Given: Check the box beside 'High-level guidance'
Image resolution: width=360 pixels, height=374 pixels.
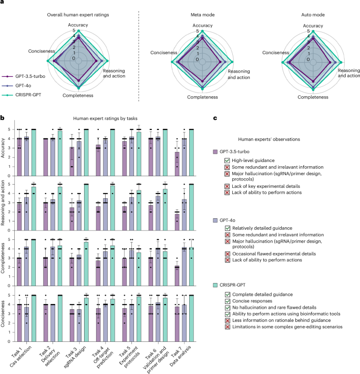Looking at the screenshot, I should pos(227,160).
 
